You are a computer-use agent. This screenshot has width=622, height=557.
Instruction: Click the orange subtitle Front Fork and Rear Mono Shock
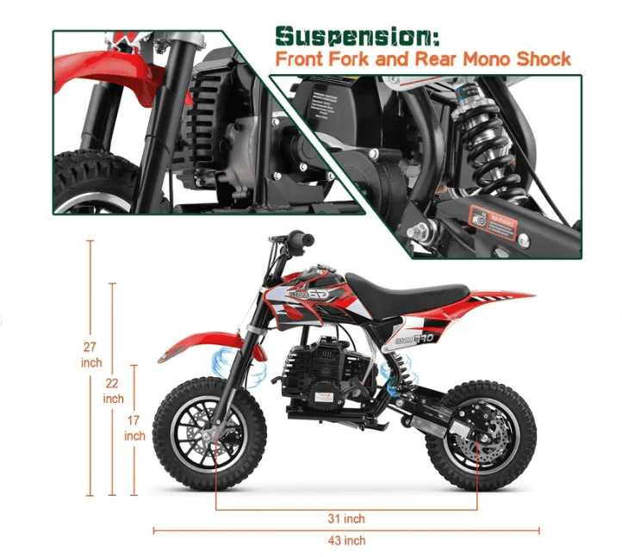[422, 59]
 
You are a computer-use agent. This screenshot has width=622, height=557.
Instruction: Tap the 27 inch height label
[90, 354]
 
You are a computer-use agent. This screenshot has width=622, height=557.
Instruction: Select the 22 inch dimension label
[113, 391]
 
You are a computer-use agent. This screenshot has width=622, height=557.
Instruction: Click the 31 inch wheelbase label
[347, 519]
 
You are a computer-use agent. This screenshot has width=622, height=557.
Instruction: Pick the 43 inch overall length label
[347, 541]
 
